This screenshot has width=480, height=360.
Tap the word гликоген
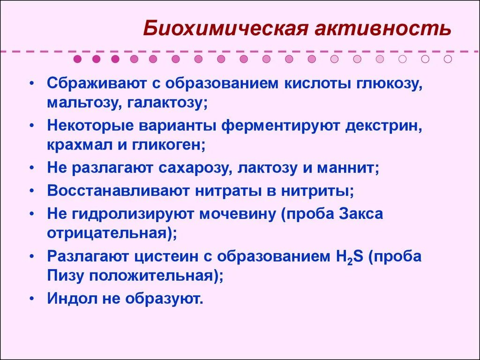tap(168, 143)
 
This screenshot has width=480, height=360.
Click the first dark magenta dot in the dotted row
tap(78, 59)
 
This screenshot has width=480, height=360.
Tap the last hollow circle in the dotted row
tap(448, 59)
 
